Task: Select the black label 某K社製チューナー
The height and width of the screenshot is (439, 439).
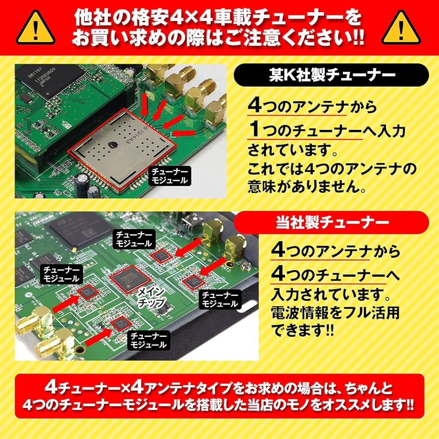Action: click(x=331, y=75)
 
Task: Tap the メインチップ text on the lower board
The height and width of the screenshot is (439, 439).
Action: click(x=151, y=298)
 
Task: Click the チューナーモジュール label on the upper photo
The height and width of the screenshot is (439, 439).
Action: click(x=169, y=176)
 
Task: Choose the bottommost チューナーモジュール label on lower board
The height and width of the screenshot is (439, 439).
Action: click(x=148, y=340)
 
